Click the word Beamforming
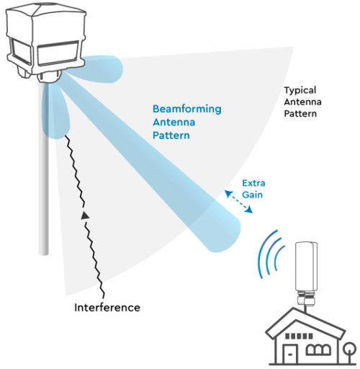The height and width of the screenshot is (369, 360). point(187,110)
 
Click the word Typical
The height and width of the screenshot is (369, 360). point(300,91)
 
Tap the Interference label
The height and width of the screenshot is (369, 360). point(107,308)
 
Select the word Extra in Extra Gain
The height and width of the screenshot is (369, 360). point(253,183)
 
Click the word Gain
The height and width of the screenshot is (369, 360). point(252,195)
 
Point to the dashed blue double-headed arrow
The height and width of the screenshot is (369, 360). point(238,202)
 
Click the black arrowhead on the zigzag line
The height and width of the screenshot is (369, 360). point(85,215)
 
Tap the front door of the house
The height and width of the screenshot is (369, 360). point(290,354)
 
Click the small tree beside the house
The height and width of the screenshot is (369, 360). point(349,352)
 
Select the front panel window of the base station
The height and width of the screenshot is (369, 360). point(58,53)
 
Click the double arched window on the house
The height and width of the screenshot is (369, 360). point(318,350)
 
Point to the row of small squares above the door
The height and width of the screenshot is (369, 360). point(299,336)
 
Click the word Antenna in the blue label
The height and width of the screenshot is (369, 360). point(174,123)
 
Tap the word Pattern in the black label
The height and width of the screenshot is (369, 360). point(300,114)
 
